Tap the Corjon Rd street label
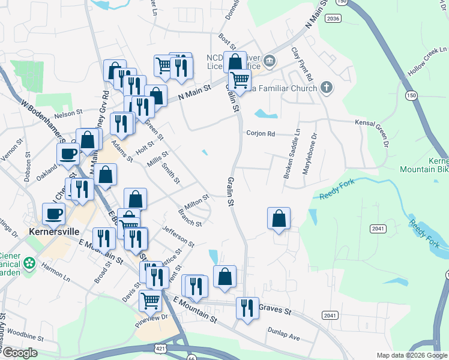click(259, 134)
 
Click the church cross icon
click(326, 88)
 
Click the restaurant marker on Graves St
click(247, 308)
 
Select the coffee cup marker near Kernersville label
click(53, 214)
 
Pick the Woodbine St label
click(23, 332)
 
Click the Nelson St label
click(67, 113)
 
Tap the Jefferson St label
click(178, 236)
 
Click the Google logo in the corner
click(19, 353)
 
